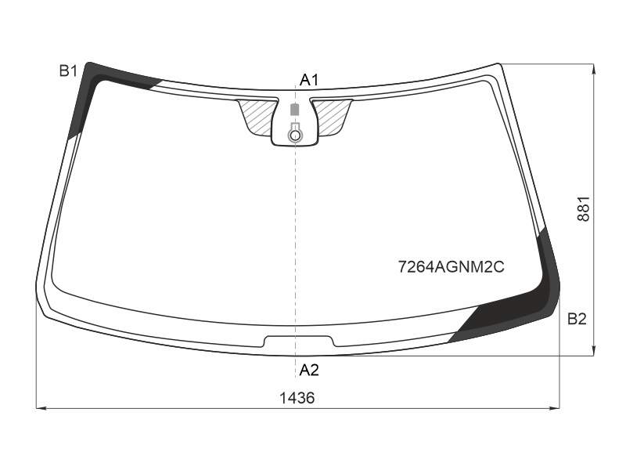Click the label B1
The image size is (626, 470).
68,71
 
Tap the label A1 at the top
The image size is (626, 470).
309,81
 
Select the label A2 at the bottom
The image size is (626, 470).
309,371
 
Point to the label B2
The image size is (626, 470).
577,319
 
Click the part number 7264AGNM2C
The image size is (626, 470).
452,266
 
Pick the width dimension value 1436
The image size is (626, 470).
297,398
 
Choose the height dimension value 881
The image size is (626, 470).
583,208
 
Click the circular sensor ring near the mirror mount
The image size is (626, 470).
295,136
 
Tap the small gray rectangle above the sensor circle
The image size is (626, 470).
295,110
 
